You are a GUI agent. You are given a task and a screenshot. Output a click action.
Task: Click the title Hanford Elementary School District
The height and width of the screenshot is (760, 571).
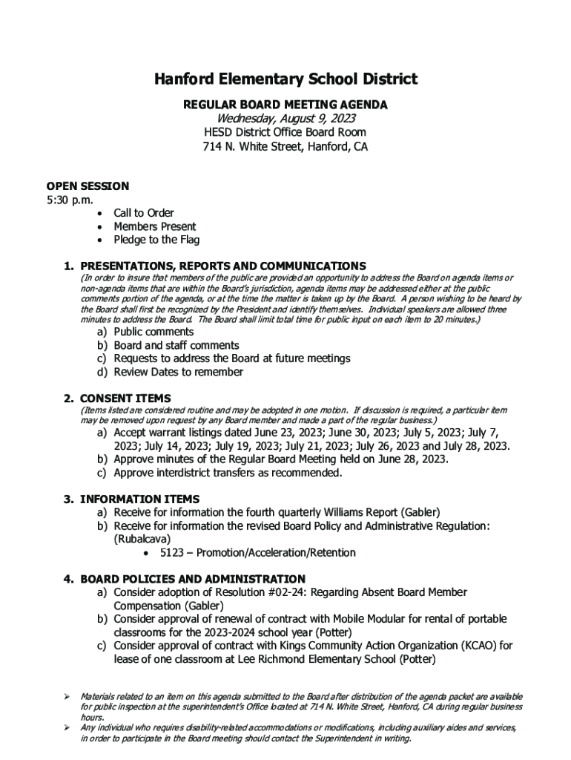[285, 79]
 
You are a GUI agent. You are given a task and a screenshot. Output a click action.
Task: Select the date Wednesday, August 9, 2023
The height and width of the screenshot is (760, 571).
[285, 119]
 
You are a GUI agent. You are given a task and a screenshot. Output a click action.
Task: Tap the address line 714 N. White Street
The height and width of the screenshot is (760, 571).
[285, 147]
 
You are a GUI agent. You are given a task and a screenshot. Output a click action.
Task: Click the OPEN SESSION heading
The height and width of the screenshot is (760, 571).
[88, 186]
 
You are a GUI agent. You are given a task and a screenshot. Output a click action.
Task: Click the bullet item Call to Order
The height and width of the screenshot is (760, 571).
[144, 213]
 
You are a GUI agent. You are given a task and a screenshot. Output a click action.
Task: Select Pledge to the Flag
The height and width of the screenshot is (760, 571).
[156, 240]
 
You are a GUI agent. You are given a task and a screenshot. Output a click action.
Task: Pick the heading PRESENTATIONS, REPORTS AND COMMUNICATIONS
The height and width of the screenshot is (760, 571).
[222, 266]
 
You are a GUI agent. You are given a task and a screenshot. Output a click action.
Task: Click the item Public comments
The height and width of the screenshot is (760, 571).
[154, 332]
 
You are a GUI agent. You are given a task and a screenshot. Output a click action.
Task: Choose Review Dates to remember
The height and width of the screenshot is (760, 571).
[178, 372]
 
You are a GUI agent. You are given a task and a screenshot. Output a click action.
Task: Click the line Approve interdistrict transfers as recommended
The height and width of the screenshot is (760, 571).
[228, 473]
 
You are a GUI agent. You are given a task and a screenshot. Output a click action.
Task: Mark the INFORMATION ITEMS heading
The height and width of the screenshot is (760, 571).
[139, 499]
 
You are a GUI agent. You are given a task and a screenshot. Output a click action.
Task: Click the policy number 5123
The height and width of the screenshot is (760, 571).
[172, 553]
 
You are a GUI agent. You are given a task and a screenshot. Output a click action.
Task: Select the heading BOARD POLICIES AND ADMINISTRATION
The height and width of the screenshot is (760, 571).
[192, 579]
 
